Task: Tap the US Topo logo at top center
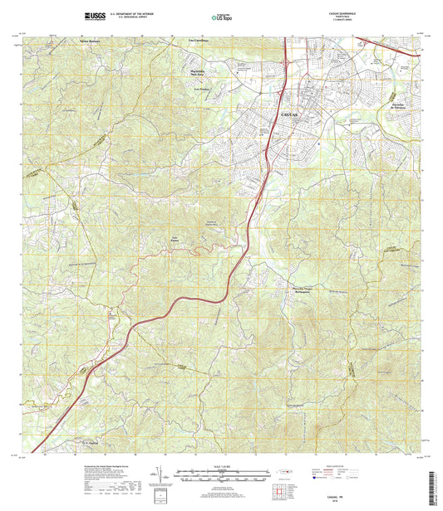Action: (221, 16)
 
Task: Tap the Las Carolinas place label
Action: (199, 39)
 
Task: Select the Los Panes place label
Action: (175, 241)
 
